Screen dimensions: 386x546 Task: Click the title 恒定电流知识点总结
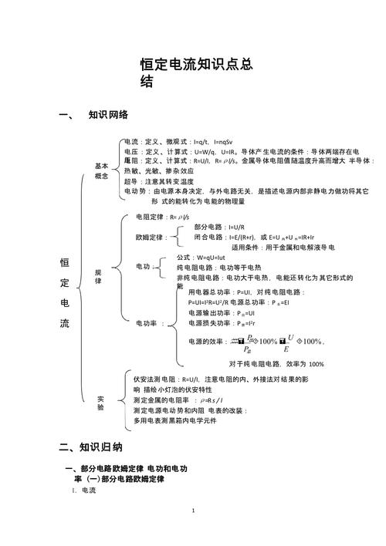click(x=197, y=73)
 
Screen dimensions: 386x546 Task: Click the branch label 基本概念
click(x=102, y=170)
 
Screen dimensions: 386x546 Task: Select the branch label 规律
click(x=98, y=278)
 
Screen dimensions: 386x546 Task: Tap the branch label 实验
click(x=100, y=403)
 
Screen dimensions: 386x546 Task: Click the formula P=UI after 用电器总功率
click(x=245, y=292)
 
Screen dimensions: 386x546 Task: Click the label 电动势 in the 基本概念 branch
click(x=136, y=190)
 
